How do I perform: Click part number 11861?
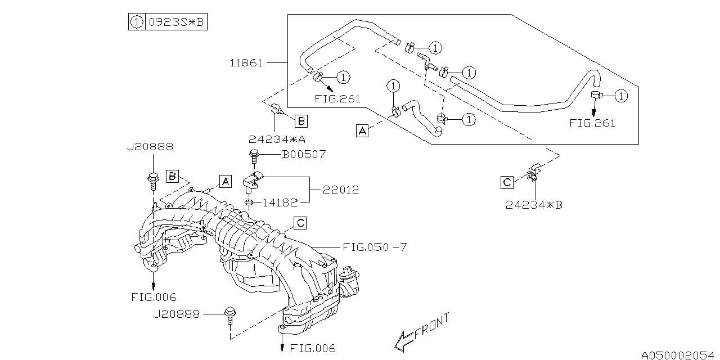click(246, 63)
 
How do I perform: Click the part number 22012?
click(341, 190)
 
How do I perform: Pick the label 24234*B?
click(533, 205)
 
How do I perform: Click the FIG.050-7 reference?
click(373, 247)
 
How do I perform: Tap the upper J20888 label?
click(149, 147)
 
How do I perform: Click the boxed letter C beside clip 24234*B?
click(507, 182)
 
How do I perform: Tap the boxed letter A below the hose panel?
click(363, 131)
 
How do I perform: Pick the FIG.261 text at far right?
click(592, 123)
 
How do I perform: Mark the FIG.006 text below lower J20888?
click(313, 348)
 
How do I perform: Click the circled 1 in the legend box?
click(136, 22)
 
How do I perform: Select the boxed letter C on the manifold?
click(301, 223)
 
